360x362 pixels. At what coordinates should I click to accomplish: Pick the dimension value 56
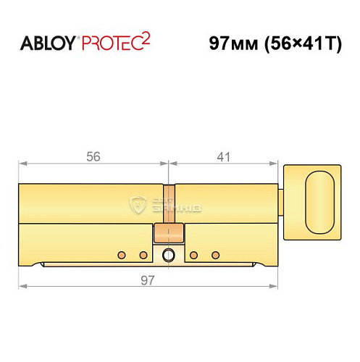click(91, 155)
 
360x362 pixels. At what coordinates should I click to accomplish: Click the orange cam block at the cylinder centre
click(169, 235)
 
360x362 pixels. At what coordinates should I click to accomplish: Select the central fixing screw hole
click(169, 255)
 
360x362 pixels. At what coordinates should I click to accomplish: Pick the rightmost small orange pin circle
click(215, 255)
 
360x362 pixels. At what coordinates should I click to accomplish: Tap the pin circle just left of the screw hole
click(143, 255)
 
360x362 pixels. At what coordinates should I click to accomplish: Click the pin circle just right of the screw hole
click(194, 255)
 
